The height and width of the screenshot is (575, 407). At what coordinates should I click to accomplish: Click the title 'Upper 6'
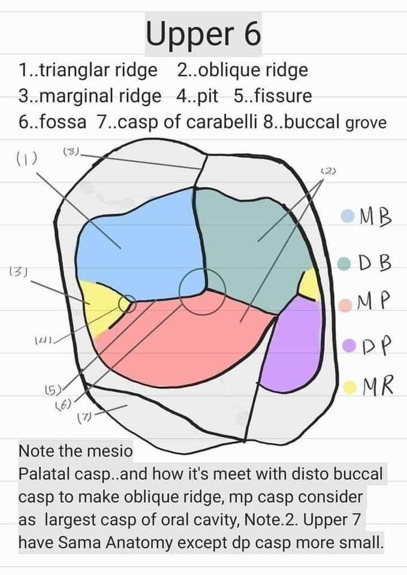coord(203,34)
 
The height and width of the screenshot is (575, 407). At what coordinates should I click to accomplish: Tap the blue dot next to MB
coord(347,216)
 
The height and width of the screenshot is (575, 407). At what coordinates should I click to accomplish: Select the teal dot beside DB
coord(344,264)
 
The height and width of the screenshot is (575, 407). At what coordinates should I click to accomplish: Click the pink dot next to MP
coord(346,305)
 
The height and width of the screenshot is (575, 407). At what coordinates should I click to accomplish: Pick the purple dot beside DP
coord(349,345)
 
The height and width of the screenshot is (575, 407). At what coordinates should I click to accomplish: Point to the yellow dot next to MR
coord(351,388)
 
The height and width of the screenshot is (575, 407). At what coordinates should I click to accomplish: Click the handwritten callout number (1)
coord(26,158)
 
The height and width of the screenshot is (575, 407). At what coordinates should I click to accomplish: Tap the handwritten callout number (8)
coord(71,151)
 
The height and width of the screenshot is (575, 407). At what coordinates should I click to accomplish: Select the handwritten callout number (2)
coord(328,171)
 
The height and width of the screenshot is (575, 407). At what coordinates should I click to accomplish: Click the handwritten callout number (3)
coord(19,272)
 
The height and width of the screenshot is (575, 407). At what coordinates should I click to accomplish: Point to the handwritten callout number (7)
coord(85,417)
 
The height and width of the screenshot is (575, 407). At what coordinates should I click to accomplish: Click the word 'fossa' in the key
coord(62,122)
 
